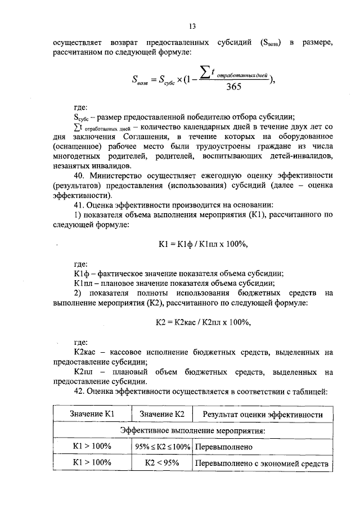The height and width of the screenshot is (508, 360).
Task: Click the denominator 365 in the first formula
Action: [233, 86]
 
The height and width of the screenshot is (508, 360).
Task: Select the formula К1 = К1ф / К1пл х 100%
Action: [203, 244]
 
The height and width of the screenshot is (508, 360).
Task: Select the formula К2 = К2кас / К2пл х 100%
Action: [203, 322]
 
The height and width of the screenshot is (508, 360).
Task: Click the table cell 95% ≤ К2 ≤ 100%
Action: [162, 447]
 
